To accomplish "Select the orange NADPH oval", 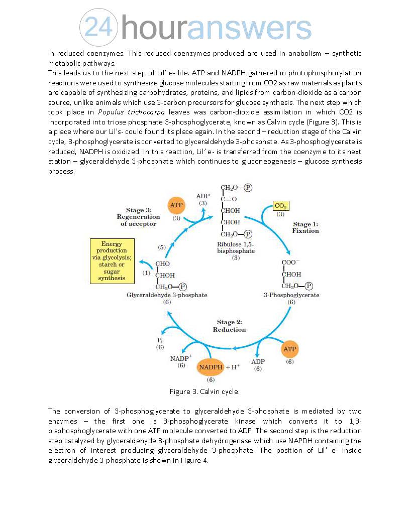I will [x=211, y=367].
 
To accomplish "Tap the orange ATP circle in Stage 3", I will [x=176, y=206].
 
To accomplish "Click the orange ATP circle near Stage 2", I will [x=290, y=349].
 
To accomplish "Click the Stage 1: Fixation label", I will [x=305, y=227].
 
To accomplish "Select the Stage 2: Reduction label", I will [x=229, y=326].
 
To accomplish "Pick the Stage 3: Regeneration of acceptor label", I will [x=138, y=217].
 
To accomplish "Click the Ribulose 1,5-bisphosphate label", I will [x=236, y=247].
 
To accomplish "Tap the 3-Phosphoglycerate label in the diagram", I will [x=291, y=295].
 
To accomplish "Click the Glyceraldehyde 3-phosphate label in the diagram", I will [x=167, y=295].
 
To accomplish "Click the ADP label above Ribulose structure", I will [x=202, y=196].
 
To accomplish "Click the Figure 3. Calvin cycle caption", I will [x=204, y=391].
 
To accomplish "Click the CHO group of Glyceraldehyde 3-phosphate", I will [x=163, y=264].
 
